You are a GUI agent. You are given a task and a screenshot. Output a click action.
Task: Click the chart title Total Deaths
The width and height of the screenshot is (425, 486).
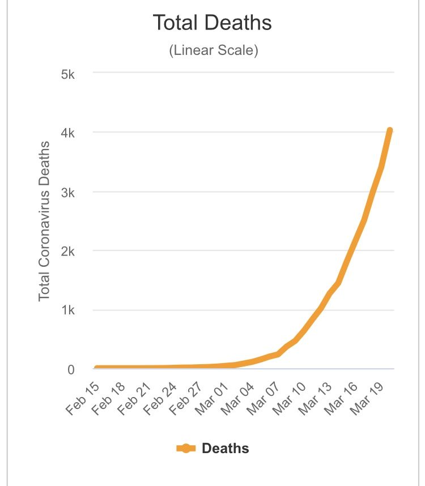(x=212, y=23)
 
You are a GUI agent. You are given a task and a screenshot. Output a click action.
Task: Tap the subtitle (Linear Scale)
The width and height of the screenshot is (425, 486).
(x=213, y=50)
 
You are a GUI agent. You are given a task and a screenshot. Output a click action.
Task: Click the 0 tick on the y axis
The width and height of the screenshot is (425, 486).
(x=71, y=369)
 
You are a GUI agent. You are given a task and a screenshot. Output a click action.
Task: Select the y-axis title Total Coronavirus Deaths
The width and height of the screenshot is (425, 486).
(x=44, y=221)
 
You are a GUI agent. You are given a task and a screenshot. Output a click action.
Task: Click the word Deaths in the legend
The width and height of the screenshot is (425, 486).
(x=226, y=449)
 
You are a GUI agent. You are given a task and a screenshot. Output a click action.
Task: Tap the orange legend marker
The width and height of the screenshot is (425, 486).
(x=186, y=449)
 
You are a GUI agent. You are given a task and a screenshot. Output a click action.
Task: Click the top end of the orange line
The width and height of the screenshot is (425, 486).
(x=390, y=131)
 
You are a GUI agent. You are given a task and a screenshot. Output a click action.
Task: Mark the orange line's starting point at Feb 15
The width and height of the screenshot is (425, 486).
(x=97, y=369)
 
